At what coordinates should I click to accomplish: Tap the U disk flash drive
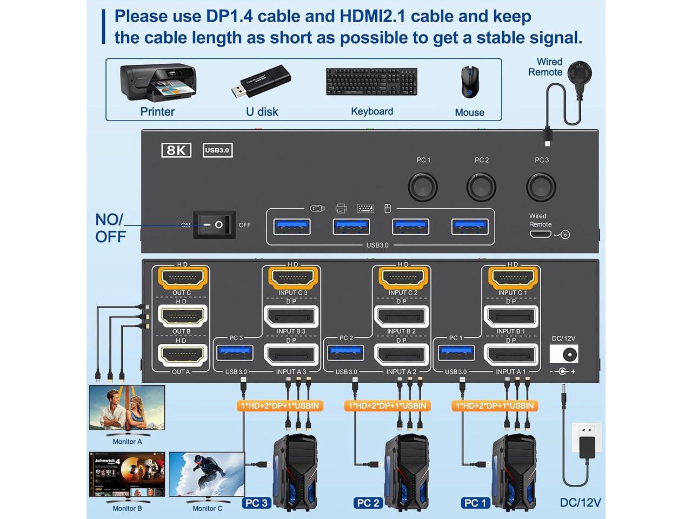(262, 82)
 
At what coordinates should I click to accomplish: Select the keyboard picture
(371, 82)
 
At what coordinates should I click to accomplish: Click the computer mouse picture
(469, 82)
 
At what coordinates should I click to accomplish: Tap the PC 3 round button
(541, 187)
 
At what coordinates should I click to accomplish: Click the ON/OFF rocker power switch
(215, 224)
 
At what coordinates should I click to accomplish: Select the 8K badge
(176, 150)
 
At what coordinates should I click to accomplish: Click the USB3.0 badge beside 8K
(217, 150)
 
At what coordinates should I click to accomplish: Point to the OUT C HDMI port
(183, 278)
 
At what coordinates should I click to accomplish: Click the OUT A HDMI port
(183, 355)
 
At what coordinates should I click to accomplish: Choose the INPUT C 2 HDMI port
(403, 278)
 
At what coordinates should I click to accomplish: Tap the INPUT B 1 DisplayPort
(511, 316)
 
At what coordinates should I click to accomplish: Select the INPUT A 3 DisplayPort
(291, 355)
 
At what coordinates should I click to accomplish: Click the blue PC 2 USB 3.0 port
(345, 353)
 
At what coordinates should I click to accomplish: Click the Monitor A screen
(127, 408)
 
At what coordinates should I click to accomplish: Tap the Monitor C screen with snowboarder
(207, 474)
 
